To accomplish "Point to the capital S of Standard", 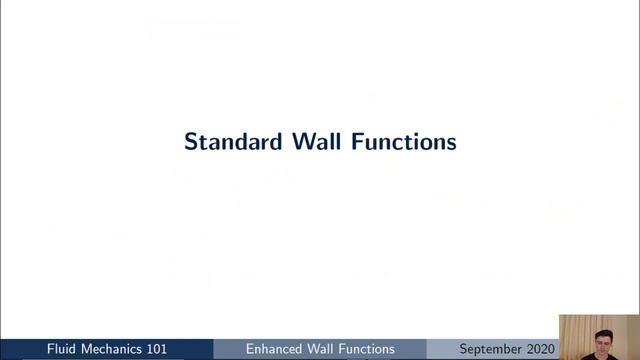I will pyautogui.click(x=191, y=142).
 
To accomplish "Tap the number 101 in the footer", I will pyautogui.click(x=178, y=349).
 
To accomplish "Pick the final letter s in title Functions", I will pyautogui.click(x=451, y=142).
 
